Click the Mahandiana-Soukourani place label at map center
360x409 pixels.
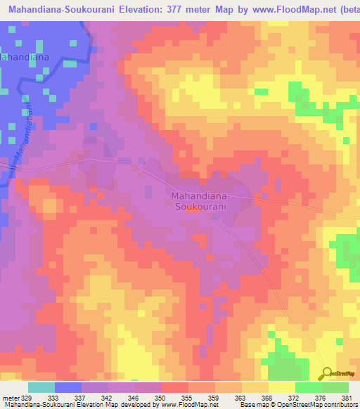point(199,201)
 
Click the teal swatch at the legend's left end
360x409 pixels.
point(41,387)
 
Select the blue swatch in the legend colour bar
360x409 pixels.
point(68,387)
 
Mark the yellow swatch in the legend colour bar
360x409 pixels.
point(281,387)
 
